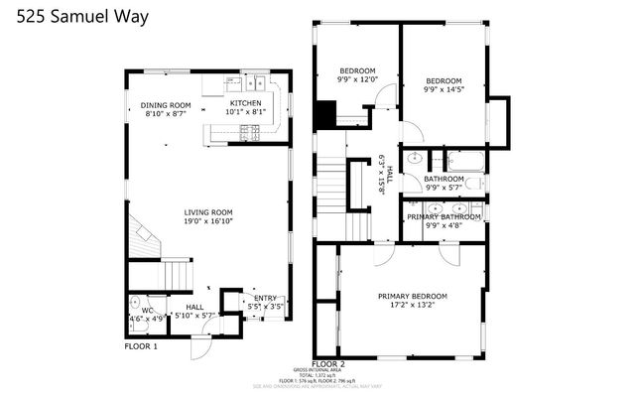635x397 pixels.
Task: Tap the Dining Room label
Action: tap(165, 105)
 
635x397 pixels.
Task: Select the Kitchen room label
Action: tap(246, 103)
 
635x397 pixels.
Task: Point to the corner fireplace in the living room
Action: tap(144, 239)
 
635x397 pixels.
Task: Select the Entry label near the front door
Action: tap(266, 298)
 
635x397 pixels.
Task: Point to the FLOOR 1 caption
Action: tap(141, 346)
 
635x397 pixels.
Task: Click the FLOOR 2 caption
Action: tap(328, 363)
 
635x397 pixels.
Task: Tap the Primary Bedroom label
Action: tap(413, 296)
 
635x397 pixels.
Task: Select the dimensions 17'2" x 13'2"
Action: tap(413, 307)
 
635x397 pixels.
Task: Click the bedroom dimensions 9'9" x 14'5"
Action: tap(444, 91)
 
